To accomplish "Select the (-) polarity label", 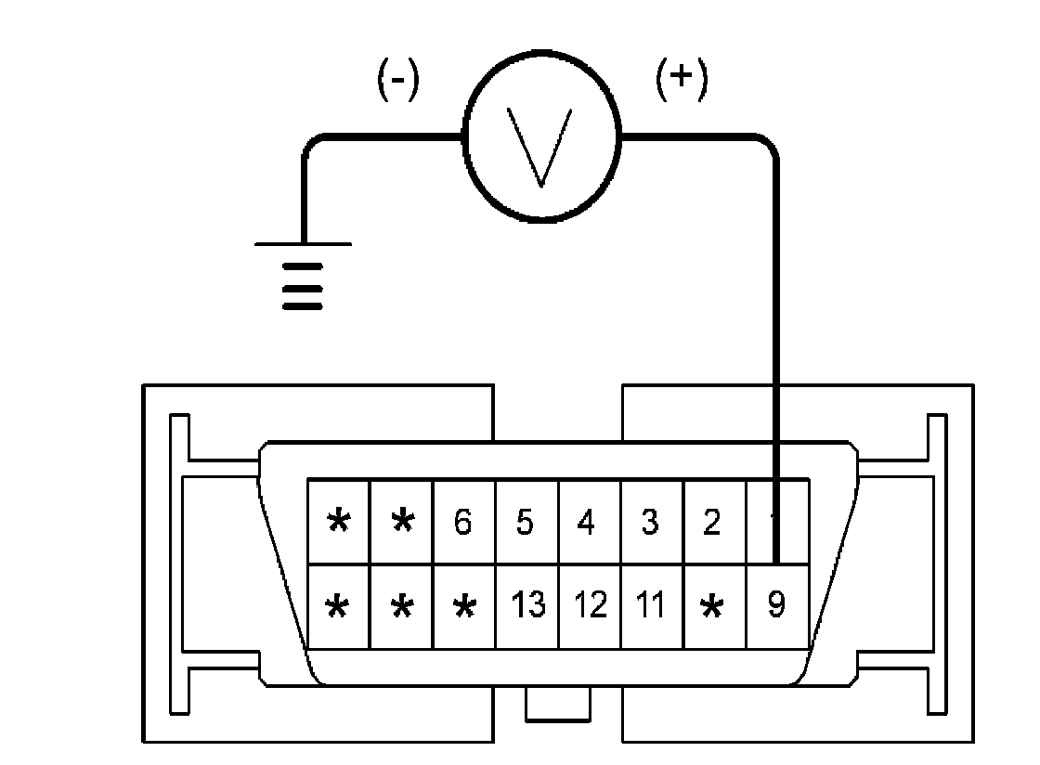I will pyautogui.click(x=398, y=82).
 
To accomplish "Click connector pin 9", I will pyautogui.click(x=777, y=606).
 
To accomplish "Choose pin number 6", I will pyautogui.click(x=462, y=523).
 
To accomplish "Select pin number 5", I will pyautogui.click(x=525, y=523).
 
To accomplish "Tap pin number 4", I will pyautogui.click(x=586, y=523).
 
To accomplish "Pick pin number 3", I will pyautogui.click(x=650, y=523).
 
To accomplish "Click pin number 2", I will pyautogui.click(x=712, y=523).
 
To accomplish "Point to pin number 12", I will pyautogui.click(x=589, y=606).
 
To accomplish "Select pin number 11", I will pyautogui.click(x=651, y=606).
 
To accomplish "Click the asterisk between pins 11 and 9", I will pyautogui.click(x=713, y=607).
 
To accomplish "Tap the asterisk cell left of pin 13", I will pyautogui.click(x=463, y=607).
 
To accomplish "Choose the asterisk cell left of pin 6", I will pyautogui.click(x=401, y=523).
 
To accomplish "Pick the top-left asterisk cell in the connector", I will pyautogui.click(x=339, y=523).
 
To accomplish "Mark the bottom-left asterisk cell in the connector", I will pyautogui.click(x=339, y=607).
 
